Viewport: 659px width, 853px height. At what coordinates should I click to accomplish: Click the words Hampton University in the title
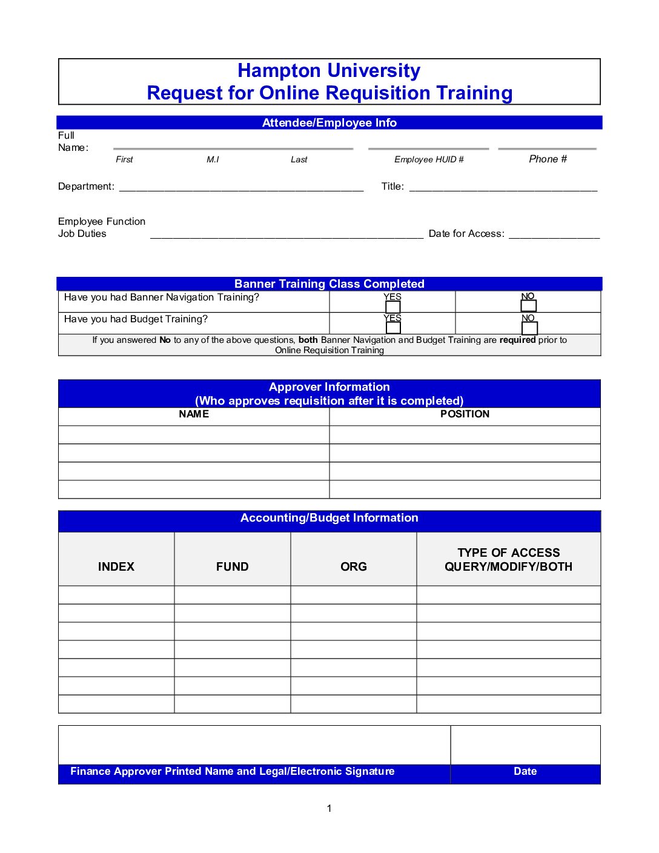329,71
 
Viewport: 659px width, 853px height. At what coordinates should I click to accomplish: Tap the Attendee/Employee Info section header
329,123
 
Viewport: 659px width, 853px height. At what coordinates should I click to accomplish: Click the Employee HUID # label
429,159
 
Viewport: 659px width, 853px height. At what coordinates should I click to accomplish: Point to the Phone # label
548,159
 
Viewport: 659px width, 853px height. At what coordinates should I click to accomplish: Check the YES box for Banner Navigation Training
393,307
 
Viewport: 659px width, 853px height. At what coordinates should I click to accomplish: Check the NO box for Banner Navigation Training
529,306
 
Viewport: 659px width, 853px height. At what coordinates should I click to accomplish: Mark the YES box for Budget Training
393,328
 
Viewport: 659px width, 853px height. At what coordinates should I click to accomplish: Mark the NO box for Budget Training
529,328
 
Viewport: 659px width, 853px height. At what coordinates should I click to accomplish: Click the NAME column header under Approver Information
194,414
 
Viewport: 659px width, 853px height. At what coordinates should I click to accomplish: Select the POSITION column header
465,414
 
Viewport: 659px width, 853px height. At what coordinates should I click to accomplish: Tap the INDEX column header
116,567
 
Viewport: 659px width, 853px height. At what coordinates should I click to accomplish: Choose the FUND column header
233,567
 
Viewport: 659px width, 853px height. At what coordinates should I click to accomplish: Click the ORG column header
354,567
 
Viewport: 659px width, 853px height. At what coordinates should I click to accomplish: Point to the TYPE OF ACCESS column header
509,553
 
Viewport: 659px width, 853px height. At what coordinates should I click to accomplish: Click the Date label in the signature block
525,772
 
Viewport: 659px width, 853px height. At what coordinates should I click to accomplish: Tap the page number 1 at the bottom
329,808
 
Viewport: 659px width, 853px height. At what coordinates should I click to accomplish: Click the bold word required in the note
517,340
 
